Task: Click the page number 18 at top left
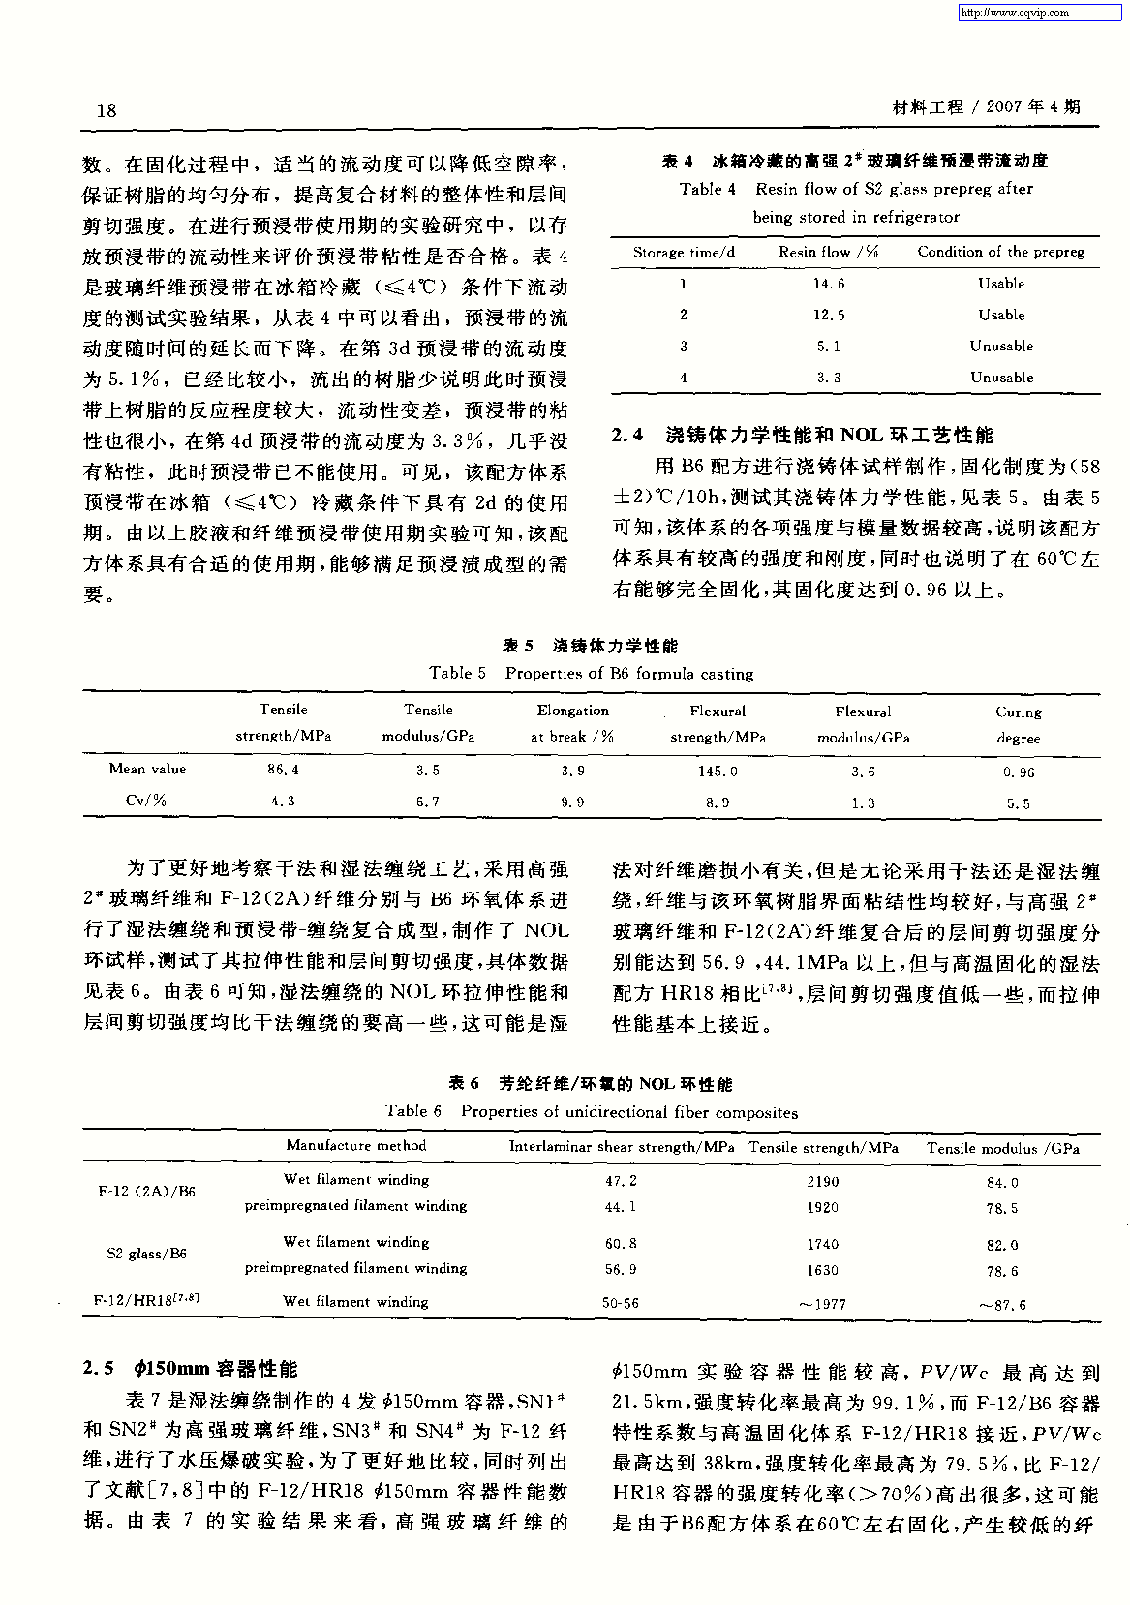(107, 110)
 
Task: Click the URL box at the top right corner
(1041, 13)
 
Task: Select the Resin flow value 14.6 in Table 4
(829, 284)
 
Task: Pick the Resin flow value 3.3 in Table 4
(829, 378)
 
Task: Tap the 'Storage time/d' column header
(684, 253)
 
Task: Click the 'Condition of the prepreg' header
(1001, 252)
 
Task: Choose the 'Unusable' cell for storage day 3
(1001, 347)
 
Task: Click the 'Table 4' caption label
(708, 190)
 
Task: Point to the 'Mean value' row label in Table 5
(147, 770)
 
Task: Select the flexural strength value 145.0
(718, 772)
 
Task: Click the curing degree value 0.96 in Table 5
(1019, 772)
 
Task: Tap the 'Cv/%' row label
(147, 801)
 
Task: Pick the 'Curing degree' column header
(1019, 724)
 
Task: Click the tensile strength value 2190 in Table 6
(823, 1182)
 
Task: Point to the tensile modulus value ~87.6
(1002, 1305)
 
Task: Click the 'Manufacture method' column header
(355, 1146)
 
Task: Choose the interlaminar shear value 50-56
(621, 1304)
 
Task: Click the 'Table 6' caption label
(413, 1111)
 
